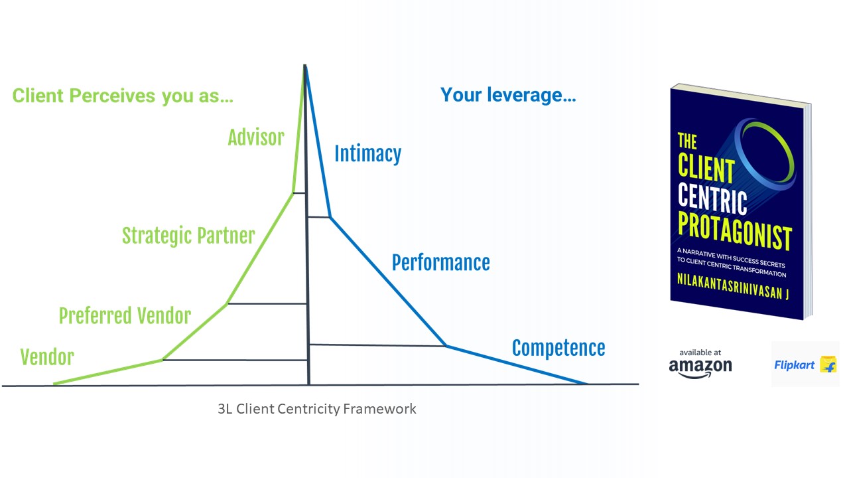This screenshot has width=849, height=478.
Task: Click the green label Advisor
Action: point(256,137)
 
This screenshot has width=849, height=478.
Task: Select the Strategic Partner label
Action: point(188,236)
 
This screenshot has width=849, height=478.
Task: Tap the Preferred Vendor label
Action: point(125,315)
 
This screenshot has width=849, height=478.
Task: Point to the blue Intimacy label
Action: point(367,154)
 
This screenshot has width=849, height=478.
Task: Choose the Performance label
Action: point(441,262)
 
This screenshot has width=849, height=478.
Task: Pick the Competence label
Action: point(558,349)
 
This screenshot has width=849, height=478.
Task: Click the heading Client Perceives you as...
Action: point(123,96)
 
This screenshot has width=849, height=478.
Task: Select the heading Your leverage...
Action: point(508,95)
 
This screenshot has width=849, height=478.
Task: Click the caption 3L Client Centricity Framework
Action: point(317,409)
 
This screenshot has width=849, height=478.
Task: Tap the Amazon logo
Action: point(700,368)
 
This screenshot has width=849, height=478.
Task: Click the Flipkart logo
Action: point(805,365)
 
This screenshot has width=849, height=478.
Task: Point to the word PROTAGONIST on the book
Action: point(734,230)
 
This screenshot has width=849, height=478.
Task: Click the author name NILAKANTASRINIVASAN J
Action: point(733,286)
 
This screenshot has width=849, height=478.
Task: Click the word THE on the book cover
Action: point(687,141)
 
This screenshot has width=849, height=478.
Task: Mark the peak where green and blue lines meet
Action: point(305,66)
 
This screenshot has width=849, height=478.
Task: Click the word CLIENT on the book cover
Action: point(706,168)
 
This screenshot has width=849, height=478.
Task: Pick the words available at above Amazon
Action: point(700,353)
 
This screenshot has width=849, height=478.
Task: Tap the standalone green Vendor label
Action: point(47,357)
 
